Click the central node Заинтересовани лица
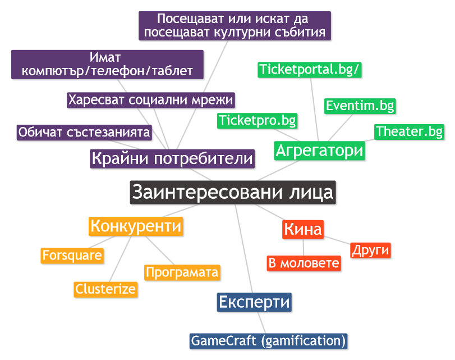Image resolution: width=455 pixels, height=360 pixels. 232,192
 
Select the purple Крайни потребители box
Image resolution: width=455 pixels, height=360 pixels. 172,158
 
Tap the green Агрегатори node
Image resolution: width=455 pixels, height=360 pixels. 319,151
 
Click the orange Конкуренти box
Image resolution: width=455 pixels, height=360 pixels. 136,226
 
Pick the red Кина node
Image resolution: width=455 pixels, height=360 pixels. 303,229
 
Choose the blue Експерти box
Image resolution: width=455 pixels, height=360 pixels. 254,302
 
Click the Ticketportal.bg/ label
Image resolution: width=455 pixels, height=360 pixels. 310,70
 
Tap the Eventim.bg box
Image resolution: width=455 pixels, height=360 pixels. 360,106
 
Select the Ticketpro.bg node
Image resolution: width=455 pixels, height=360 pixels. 258,120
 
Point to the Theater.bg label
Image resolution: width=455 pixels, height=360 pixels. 409,131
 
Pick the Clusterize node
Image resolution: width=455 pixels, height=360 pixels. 105,289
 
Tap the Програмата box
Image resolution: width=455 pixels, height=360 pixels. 182,272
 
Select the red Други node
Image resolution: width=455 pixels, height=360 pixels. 370,250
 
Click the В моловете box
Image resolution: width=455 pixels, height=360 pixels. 303,263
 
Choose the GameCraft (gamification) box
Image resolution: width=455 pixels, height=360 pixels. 268,340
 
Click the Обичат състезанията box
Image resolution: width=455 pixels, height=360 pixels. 84,133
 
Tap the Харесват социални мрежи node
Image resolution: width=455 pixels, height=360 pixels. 150,100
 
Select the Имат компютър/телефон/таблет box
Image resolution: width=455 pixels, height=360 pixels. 107,64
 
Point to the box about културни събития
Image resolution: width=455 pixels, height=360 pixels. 235,26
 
